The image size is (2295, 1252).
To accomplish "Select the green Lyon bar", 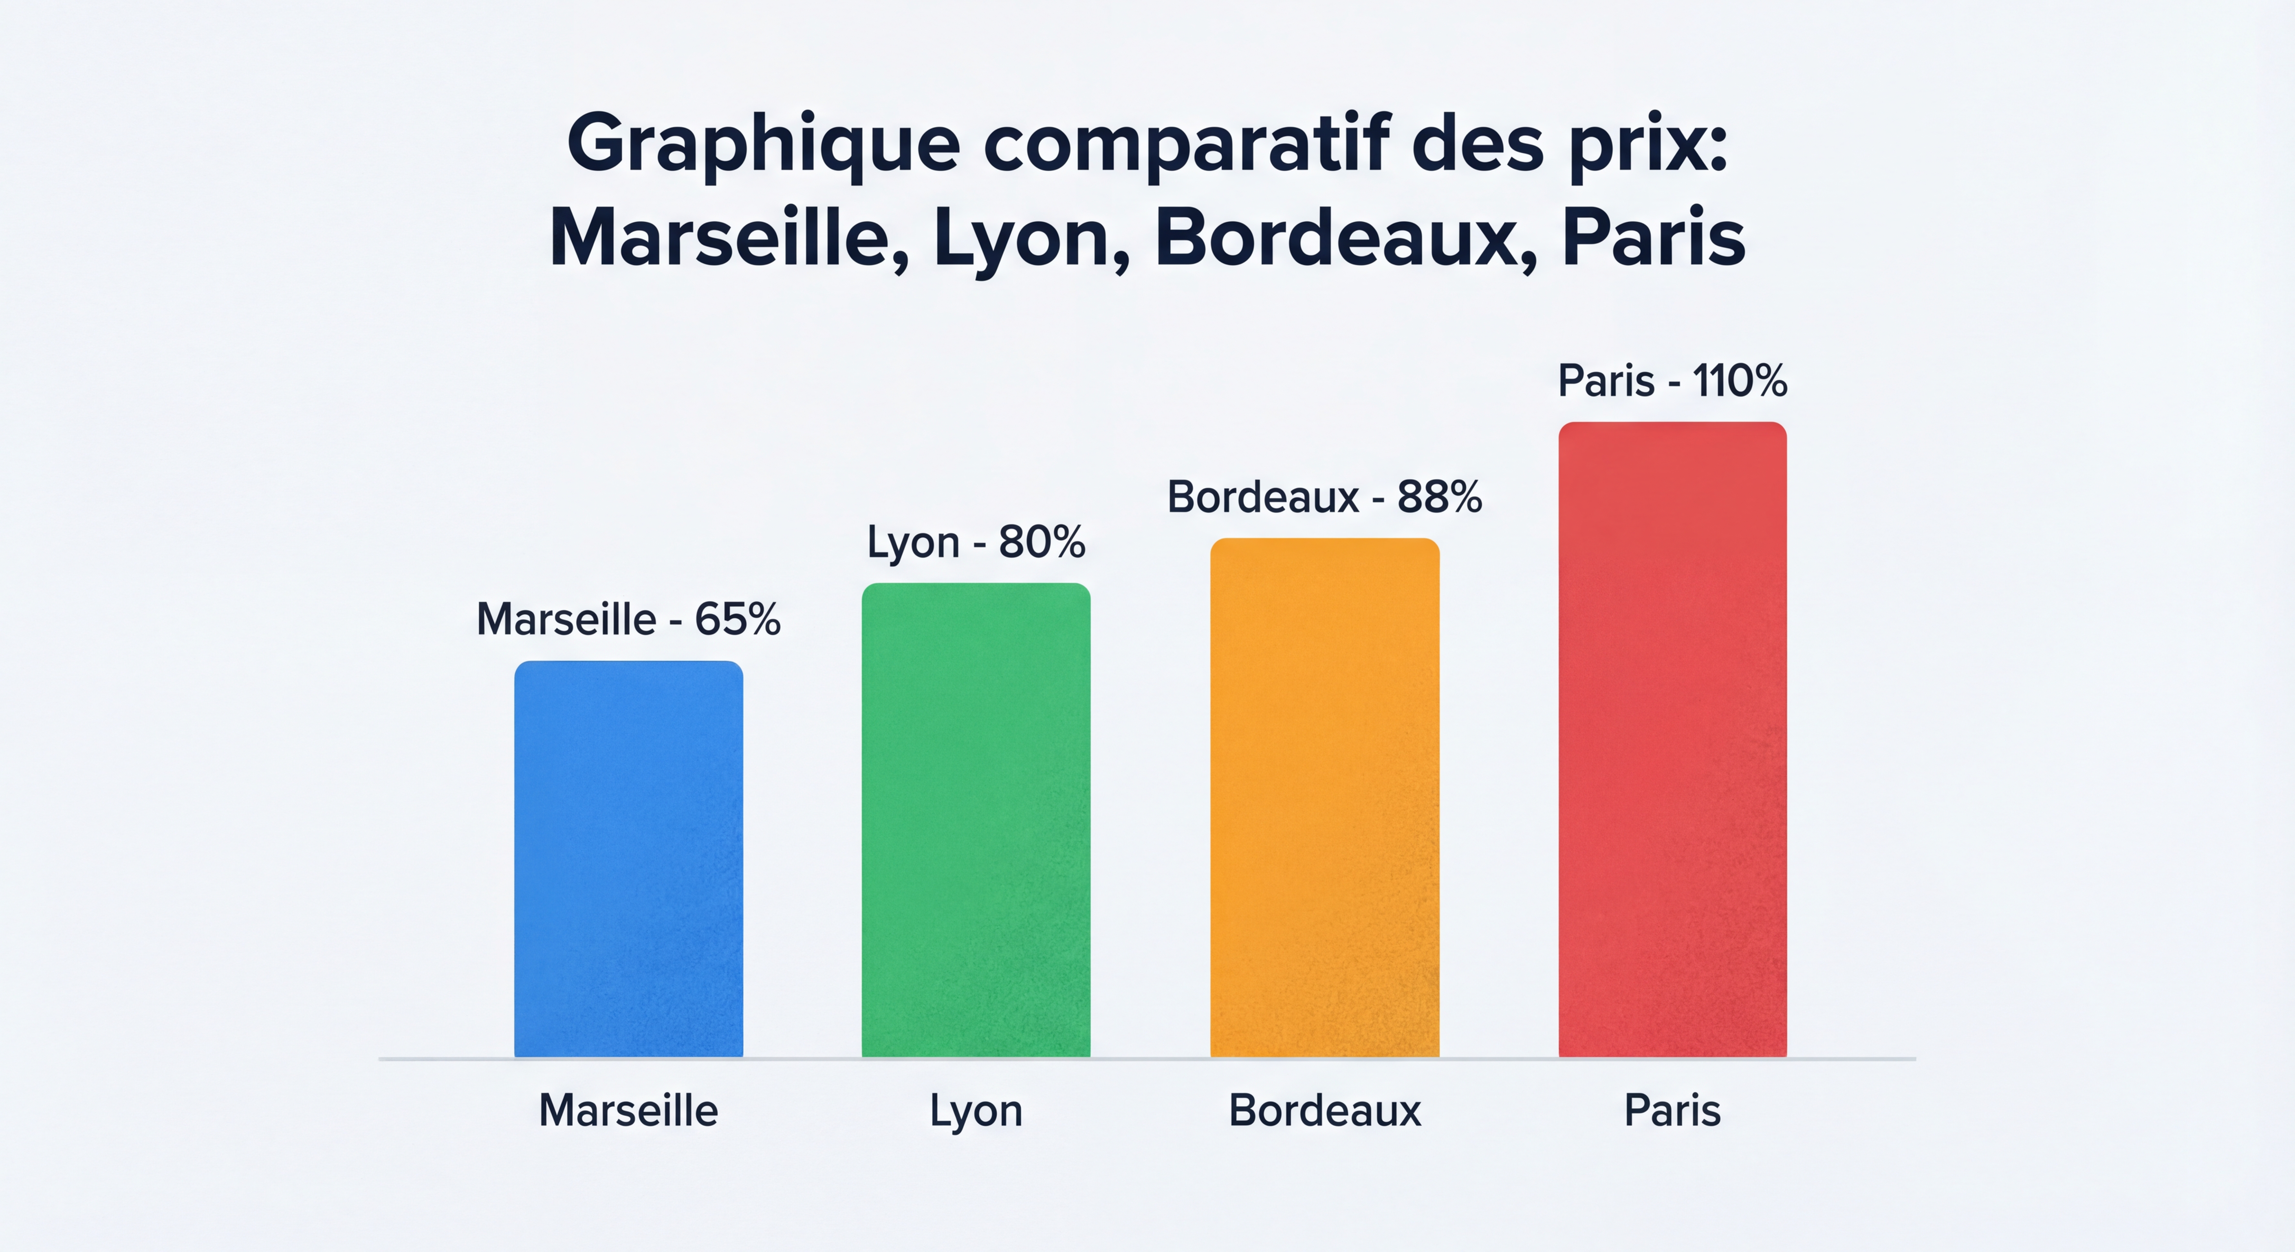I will (x=976, y=820).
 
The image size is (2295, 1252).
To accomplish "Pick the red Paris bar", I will (x=1672, y=740).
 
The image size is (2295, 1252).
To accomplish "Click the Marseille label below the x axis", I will (x=628, y=1110).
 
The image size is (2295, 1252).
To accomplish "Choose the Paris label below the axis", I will (x=1672, y=1110).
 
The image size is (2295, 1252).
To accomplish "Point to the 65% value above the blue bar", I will (x=738, y=619).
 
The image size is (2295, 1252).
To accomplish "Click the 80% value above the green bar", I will (x=1042, y=542).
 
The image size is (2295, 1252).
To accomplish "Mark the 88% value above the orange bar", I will (x=1439, y=496).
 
